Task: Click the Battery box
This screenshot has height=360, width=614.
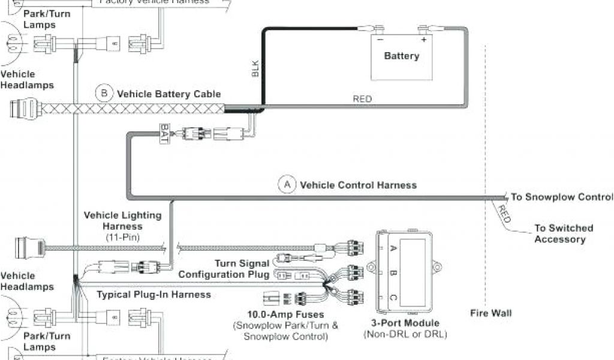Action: tap(401, 57)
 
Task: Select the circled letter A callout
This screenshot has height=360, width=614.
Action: tap(287, 185)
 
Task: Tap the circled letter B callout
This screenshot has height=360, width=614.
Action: tap(104, 94)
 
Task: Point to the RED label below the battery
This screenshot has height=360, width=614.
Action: tap(362, 99)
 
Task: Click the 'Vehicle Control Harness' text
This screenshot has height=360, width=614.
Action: tap(358, 185)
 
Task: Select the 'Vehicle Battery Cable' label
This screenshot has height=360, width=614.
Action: tap(168, 94)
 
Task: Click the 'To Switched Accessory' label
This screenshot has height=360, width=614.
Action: tap(564, 233)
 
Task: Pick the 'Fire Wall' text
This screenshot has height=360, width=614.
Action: tap(491, 313)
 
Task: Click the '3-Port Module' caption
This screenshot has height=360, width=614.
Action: tap(405, 323)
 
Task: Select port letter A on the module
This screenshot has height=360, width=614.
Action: tap(393, 248)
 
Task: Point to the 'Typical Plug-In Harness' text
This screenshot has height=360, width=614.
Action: tap(153, 295)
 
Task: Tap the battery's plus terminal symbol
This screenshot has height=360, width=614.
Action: tap(423, 40)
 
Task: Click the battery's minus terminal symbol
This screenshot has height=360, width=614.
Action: tap(379, 40)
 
